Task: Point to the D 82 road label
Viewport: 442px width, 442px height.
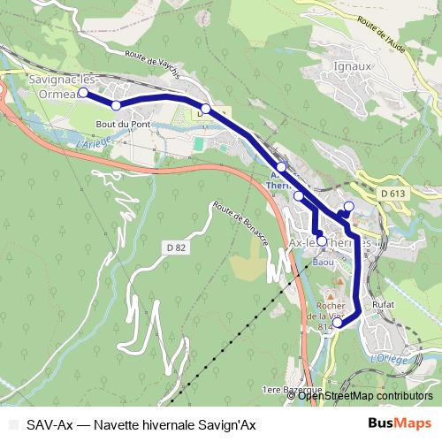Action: coord(175,248)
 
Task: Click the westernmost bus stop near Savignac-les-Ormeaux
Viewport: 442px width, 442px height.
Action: coord(83,92)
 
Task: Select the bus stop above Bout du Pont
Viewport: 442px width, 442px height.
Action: coord(116,106)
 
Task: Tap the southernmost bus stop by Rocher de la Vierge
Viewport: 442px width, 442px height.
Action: coord(337,324)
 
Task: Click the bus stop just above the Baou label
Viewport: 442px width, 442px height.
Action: coord(322,241)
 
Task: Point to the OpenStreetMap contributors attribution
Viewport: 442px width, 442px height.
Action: coord(365,396)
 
